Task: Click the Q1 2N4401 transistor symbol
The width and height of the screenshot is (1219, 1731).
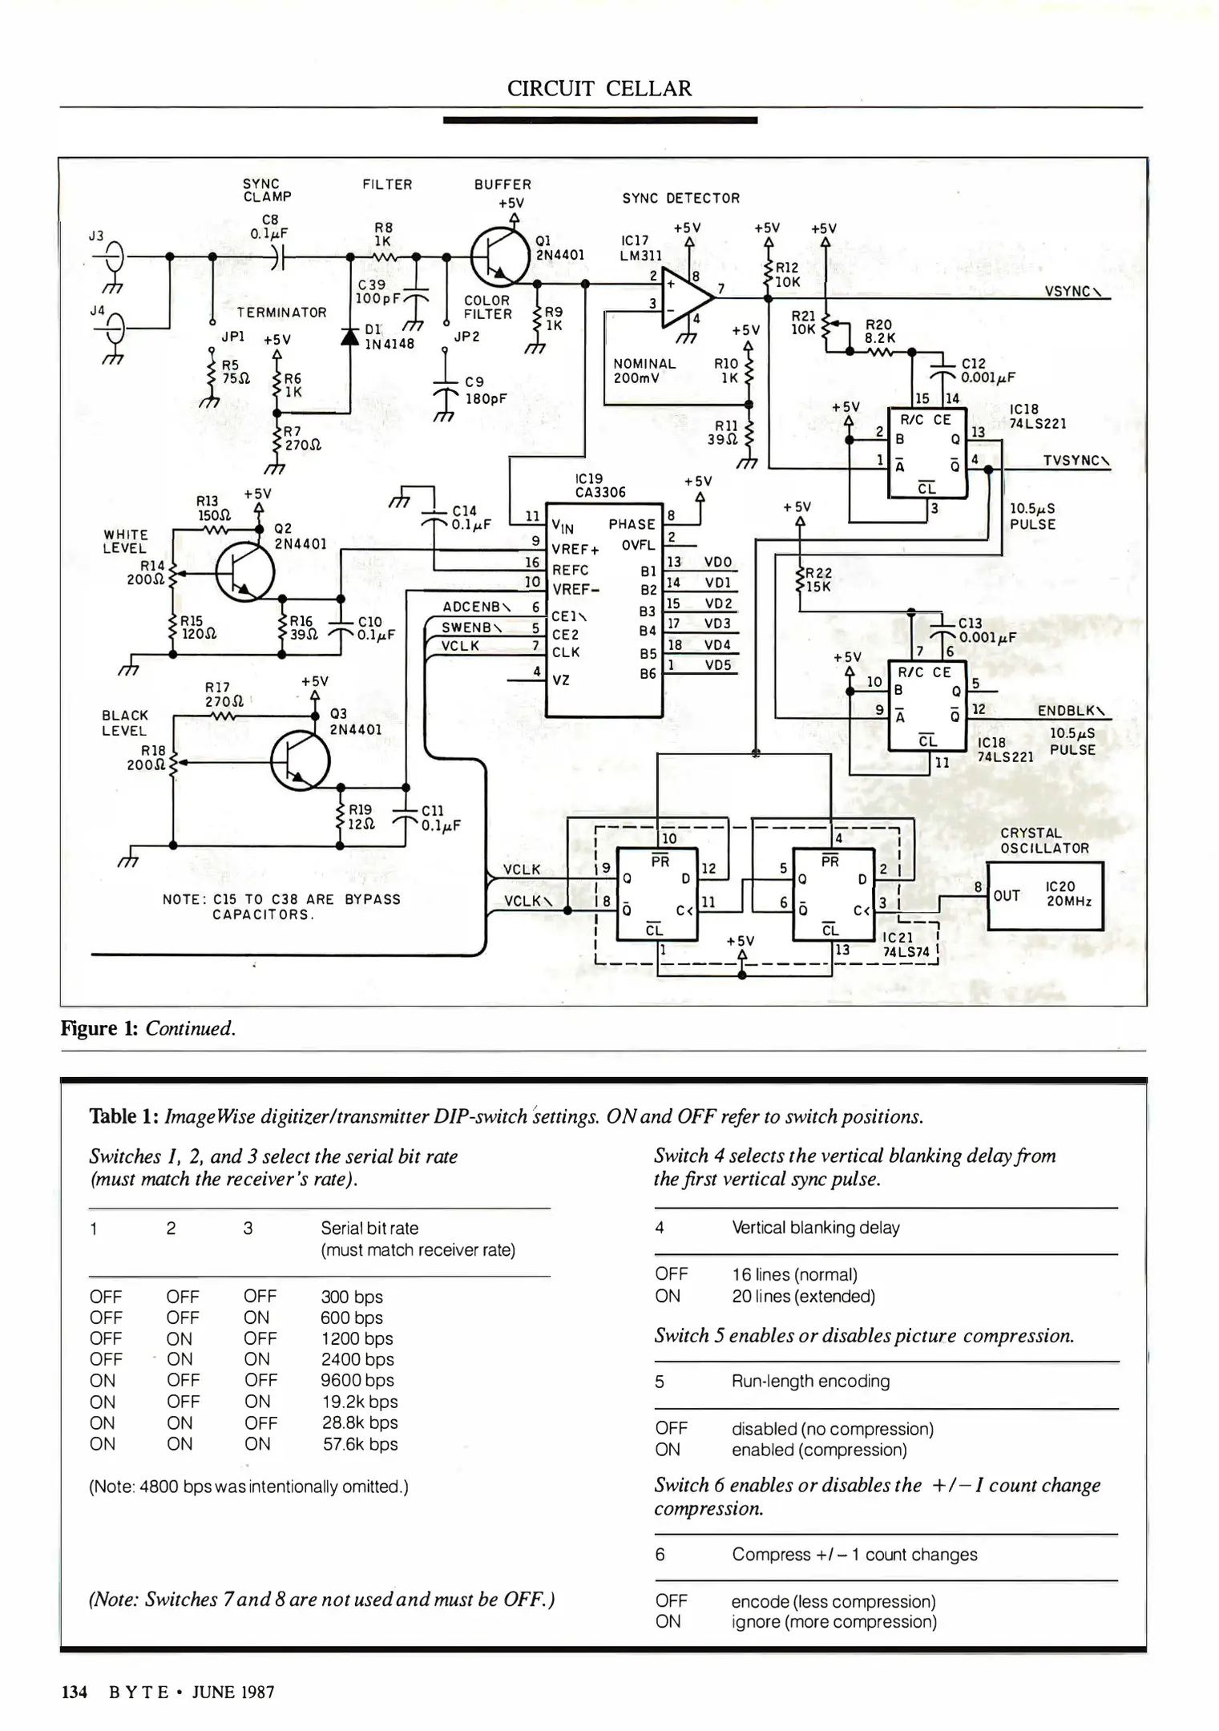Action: pos(501,256)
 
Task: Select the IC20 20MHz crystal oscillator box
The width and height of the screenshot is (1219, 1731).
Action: pos(1045,895)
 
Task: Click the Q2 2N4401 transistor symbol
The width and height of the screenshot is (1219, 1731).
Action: pos(244,571)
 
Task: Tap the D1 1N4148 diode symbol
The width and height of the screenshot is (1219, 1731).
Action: pos(350,337)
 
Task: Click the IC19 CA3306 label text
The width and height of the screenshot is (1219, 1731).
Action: pos(600,486)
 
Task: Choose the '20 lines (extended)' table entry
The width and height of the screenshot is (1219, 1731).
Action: pos(803,1296)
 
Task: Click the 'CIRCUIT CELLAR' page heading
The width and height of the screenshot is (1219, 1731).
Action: pos(599,88)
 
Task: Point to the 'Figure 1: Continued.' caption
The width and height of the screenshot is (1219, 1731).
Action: pos(148,1028)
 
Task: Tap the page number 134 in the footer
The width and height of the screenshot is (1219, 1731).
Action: pos(74,1693)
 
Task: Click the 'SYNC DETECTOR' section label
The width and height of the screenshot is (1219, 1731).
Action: pos(680,198)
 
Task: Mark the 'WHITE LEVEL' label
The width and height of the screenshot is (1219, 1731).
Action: pos(125,542)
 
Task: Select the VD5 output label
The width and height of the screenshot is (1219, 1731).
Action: pos(718,665)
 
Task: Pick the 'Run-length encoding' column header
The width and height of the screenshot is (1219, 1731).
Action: pos(810,1382)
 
